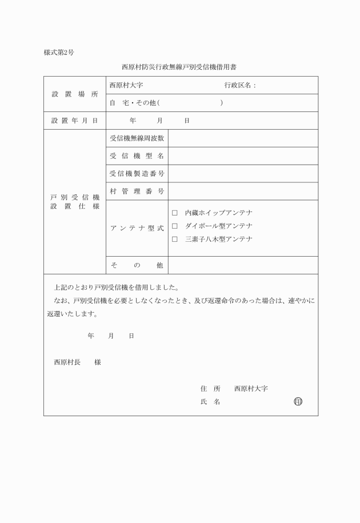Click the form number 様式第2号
pyautogui.click(x=59, y=53)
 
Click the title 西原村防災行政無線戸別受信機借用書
pyautogui.click(x=180, y=67)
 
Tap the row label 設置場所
pyautogui.click(x=75, y=94)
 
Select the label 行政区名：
pyautogui.click(x=240, y=85)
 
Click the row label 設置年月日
pyautogui.click(x=75, y=121)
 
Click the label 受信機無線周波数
pyautogui.click(x=137, y=138)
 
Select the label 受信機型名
pyautogui.click(x=137, y=156)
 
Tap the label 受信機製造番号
pyautogui.click(x=137, y=173)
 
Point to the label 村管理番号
pyautogui.click(x=137, y=191)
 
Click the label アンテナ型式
pyautogui.click(x=137, y=228)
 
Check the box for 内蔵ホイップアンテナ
pyautogui.click(x=175, y=213)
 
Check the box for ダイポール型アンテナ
pyautogui.click(x=175, y=226)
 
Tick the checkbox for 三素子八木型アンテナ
pyautogui.click(x=175, y=239)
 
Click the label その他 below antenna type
pyautogui.click(x=137, y=265)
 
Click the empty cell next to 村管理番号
pyautogui.click(x=243, y=191)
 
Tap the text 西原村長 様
pyautogui.click(x=77, y=362)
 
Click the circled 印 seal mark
pyautogui.click(x=297, y=401)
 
